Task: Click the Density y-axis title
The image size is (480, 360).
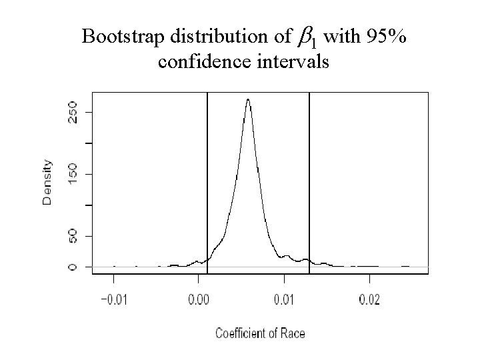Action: [47, 182]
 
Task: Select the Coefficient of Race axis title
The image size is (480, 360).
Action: [260, 333]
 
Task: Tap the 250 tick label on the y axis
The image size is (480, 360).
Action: [72, 111]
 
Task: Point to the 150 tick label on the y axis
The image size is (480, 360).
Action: [72, 174]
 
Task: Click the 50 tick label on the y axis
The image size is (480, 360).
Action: [72, 236]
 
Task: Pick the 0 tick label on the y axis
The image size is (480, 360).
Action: [72, 267]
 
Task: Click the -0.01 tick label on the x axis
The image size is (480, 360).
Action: [113, 300]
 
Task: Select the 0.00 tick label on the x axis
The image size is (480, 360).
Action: [199, 300]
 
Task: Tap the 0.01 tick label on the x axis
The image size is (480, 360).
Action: [284, 300]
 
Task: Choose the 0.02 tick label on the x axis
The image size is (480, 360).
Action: [369, 300]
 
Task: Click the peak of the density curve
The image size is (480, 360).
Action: [248, 100]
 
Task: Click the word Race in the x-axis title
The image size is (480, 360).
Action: [292, 333]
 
